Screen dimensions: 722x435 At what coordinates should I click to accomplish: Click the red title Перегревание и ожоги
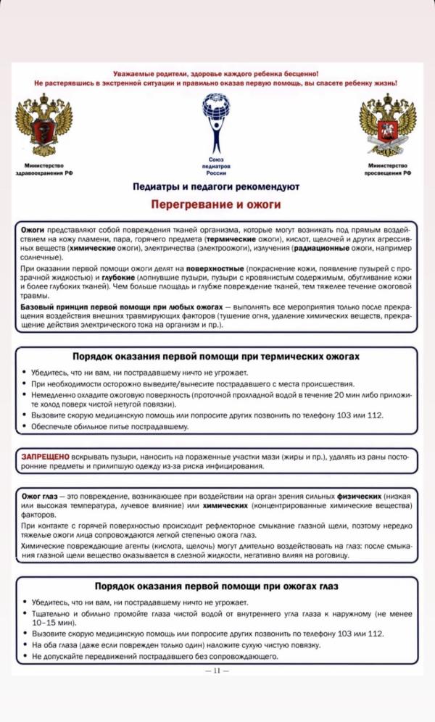pos(215,205)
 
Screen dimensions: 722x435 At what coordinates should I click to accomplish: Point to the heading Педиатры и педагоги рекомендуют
pos(215,187)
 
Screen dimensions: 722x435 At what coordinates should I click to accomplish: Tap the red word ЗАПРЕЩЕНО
pos(45,457)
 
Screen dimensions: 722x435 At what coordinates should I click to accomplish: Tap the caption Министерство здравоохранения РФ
pos(44,170)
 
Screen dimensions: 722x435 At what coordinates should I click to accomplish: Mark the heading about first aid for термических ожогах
pos(215,357)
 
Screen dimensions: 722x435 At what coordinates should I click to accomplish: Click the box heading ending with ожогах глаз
pos(215,586)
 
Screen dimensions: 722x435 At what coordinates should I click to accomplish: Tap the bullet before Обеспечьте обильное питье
pos(25,427)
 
